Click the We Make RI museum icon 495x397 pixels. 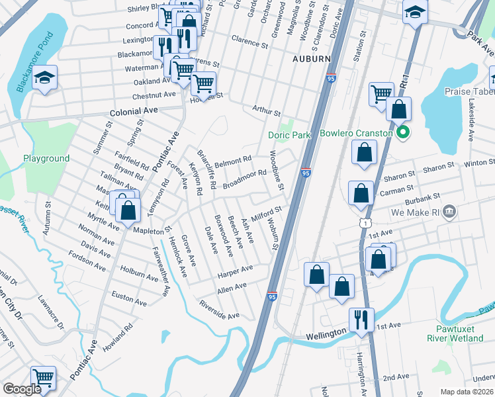[449, 212]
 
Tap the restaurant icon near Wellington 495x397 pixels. [361, 320]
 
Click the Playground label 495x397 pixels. [46, 158]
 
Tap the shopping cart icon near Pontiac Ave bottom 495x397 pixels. [43, 378]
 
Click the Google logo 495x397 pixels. [22, 389]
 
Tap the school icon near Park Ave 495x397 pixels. [415, 13]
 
